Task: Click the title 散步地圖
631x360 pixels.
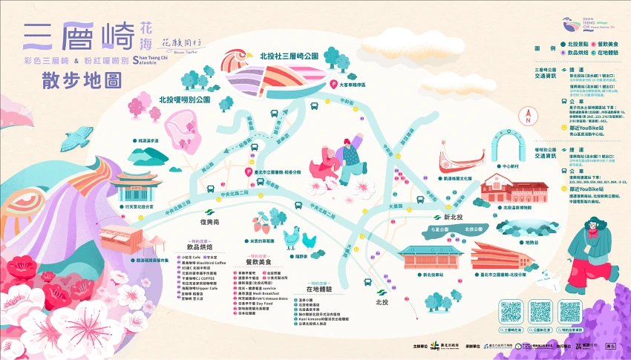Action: (72, 81)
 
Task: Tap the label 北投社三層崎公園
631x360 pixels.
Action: (289, 56)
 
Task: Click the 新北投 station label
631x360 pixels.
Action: (453, 217)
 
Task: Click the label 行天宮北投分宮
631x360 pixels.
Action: (137, 206)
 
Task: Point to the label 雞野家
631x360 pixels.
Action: (300, 256)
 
